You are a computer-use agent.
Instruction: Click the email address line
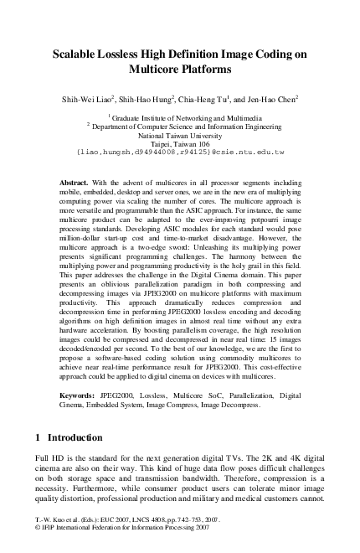pyautogui.click(x=180, y=153)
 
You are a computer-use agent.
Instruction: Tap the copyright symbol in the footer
pyautogui.click(x=38, y=540)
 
